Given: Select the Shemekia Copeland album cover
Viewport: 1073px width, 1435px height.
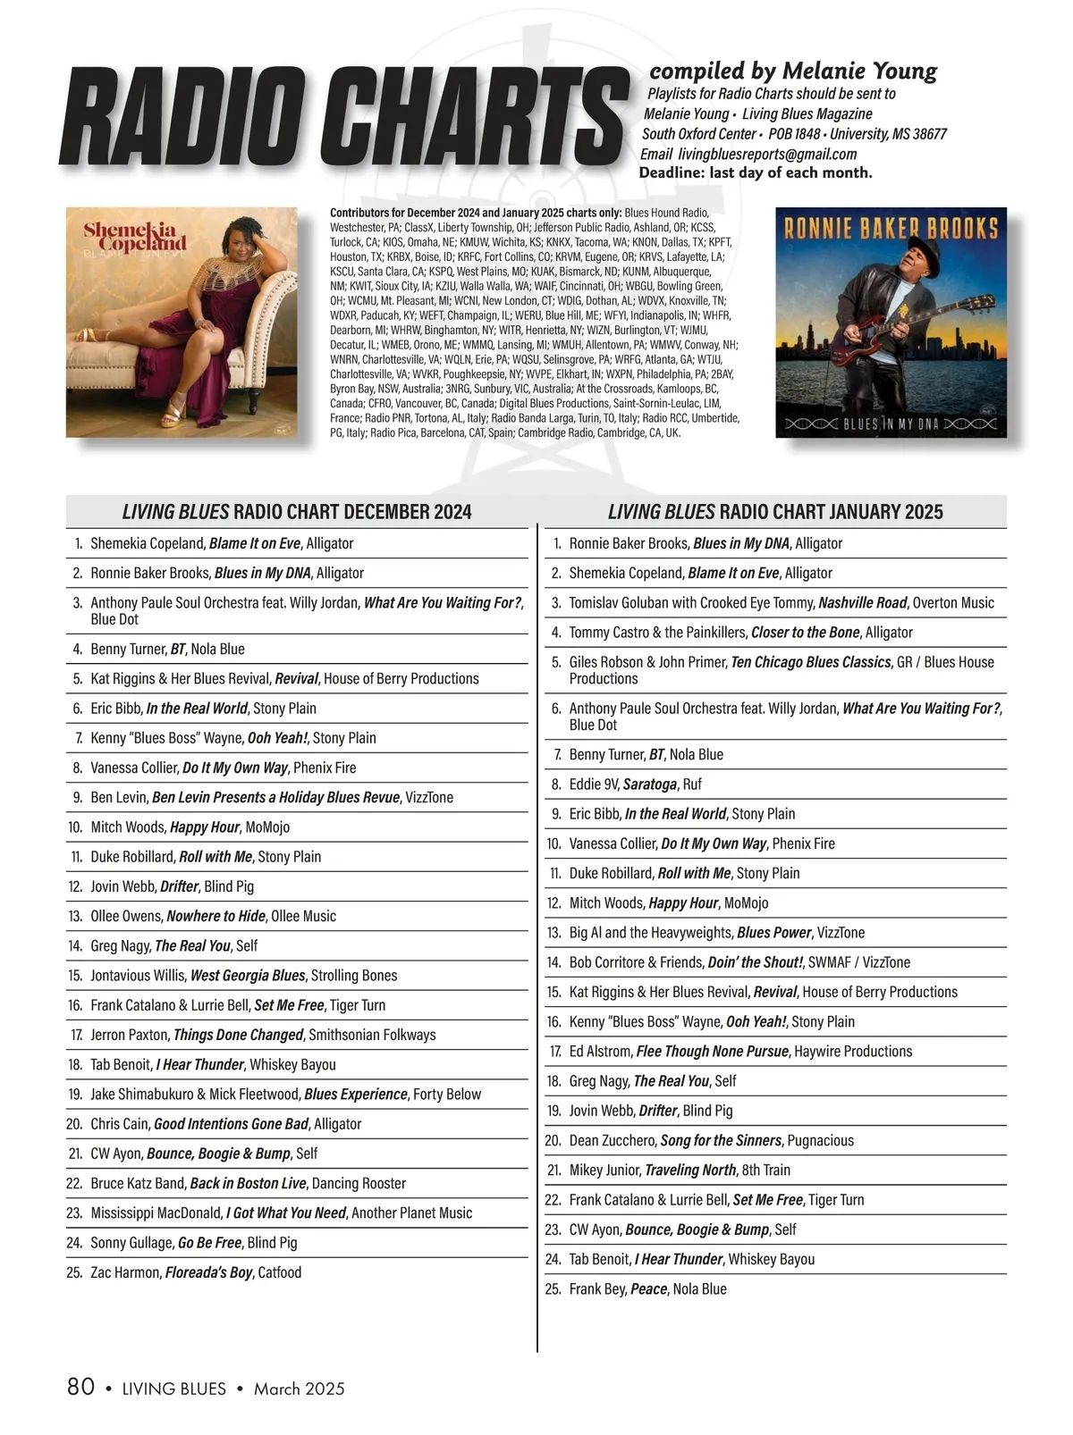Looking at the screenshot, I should pyautogui.click(x=182, y=323).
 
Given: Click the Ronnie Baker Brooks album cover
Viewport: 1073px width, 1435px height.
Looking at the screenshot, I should pyautogui.click(x=891, y=323).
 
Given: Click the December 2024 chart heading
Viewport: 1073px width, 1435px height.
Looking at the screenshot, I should pyautogui.click(x=297, y=512).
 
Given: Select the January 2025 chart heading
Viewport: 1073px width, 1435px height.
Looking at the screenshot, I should pyautogui.click(x=775, y=512).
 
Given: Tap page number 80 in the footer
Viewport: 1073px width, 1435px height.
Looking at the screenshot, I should pyautogui.click(x=81, y=1387).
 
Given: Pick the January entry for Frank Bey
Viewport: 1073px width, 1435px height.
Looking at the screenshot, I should pyautogui.click(x=647, y=1289).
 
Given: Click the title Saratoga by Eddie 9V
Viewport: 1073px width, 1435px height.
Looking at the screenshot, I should pyautogui.click(x=649, y=785).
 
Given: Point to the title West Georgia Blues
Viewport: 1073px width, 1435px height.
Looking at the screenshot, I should pyautogui.click(x=248, y=976).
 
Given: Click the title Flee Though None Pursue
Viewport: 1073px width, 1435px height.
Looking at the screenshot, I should pyautogui.click(x=713, y=1052).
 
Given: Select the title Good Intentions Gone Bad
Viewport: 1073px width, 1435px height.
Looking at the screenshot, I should pyautogui.click(x=231, y=1124).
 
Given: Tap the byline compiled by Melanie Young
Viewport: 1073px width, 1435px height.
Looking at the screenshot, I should pyautogui.click(x=793, y=71).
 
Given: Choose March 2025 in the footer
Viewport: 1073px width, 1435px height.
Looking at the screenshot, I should pyautogui.click(x=299, y=1389).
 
